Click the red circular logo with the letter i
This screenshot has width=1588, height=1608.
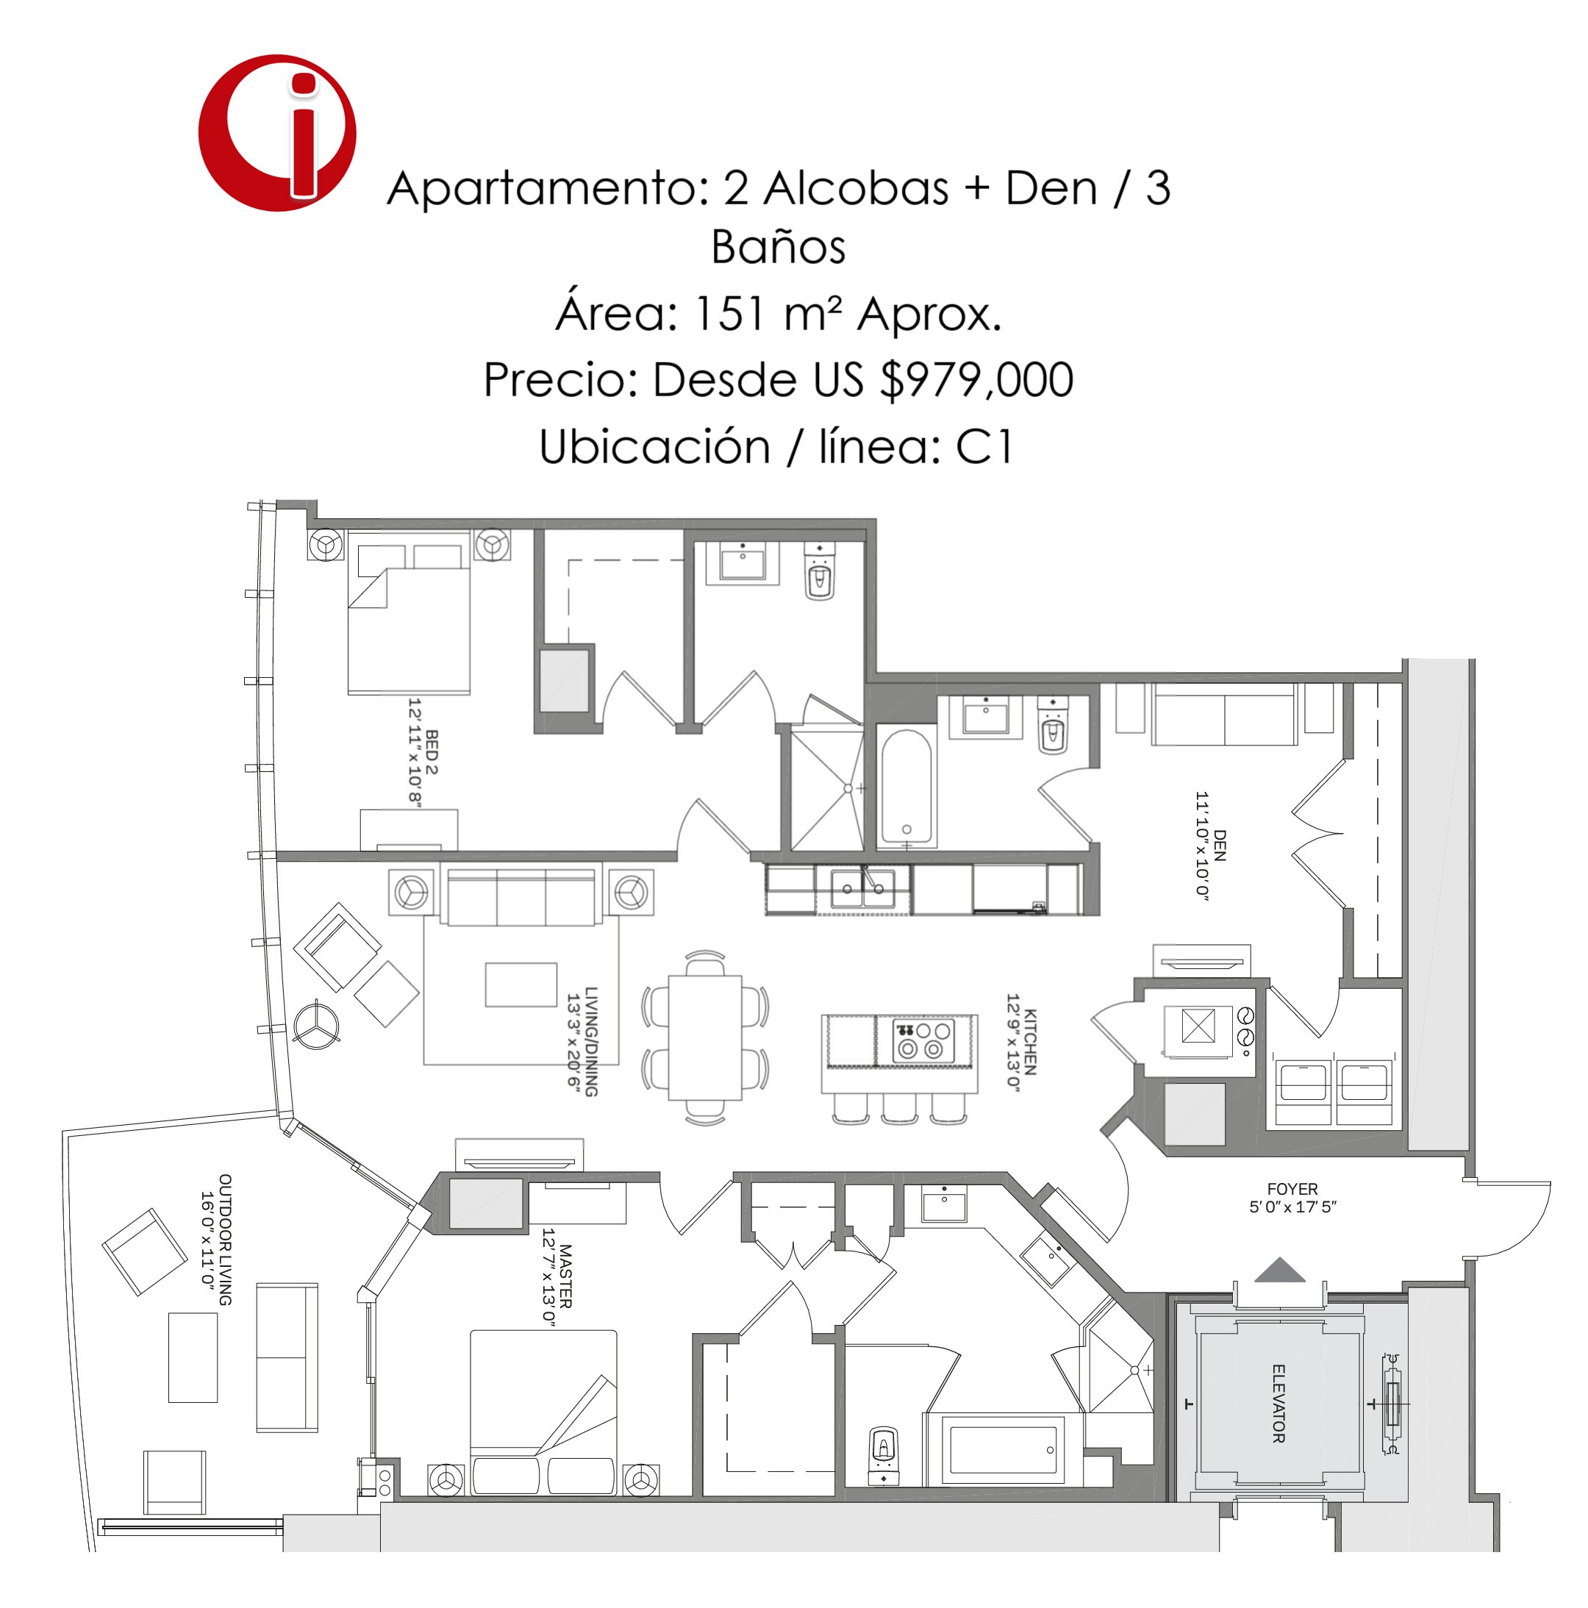[277, 133]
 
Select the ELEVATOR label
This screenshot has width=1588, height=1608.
[1278, 1404]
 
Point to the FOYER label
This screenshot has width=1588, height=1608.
[1292, 1190]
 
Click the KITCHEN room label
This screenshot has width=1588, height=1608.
[1031, 1042]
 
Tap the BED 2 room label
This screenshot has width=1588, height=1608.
[431, 752]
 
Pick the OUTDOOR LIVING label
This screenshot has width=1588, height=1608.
[225, 1240]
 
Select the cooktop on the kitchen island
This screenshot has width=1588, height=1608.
[923, 1040]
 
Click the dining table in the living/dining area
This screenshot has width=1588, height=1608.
[705, 1037]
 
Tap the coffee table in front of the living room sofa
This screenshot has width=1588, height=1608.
[521, 985]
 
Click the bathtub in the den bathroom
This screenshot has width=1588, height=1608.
[906, 787]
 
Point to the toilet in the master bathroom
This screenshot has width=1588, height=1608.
[882, 1456]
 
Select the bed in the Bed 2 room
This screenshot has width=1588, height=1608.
[409, 618]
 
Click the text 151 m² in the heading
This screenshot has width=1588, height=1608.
[766, 314]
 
